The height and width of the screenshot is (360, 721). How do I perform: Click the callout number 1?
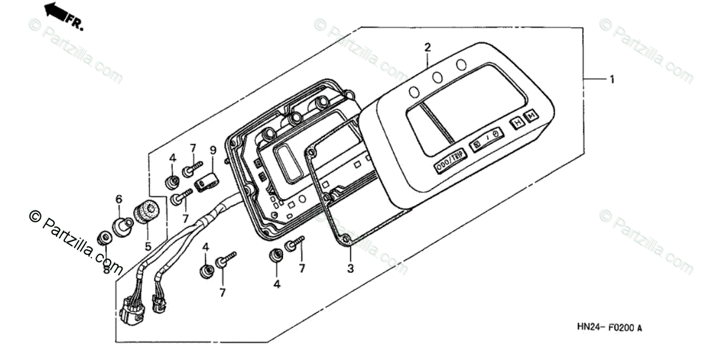pos(612,79)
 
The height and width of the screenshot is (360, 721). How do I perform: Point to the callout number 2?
pos(428,47)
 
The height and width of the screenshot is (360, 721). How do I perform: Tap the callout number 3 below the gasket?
pos(350,269)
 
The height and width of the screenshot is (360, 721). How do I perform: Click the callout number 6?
pos(119,199)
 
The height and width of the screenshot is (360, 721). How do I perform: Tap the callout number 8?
pos(106,270)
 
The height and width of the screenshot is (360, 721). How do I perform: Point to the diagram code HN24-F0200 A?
pos(609,328)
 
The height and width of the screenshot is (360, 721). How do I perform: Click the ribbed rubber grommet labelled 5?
pos(145,212)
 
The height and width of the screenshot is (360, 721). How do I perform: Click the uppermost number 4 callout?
pos(172,159)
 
